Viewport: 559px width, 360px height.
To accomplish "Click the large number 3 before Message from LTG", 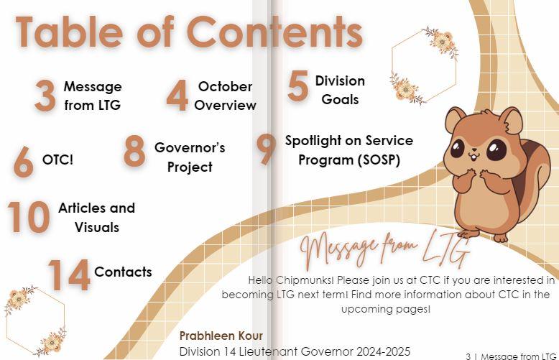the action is click(x=45, y=96).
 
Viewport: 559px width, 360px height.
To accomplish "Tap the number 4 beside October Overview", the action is click(x=177, y=95).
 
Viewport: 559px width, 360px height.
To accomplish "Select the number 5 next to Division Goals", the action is click(x=297, y=86).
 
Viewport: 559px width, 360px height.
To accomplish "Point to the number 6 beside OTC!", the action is click(x=24, y=162).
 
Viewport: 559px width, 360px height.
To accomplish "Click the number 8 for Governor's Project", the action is click(x=134, y=151).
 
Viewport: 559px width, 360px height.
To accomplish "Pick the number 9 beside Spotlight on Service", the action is click(x=267, y=149).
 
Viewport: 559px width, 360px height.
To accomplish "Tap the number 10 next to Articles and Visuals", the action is click(x=29, y=217).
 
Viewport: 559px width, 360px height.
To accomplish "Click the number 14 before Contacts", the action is click(x=69, y=274).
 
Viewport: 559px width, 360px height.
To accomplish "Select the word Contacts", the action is click(x=123, y=272).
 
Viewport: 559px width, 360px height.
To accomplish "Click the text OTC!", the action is click(x=57, y=160).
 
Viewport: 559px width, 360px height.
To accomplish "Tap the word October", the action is click(x=225, y=86).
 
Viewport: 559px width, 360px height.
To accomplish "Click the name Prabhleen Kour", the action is click(x=221, y=336).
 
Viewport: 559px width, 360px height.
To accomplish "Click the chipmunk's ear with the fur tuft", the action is click(x=511, y=121).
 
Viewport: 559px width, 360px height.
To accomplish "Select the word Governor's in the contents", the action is click(x=190, y=147).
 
